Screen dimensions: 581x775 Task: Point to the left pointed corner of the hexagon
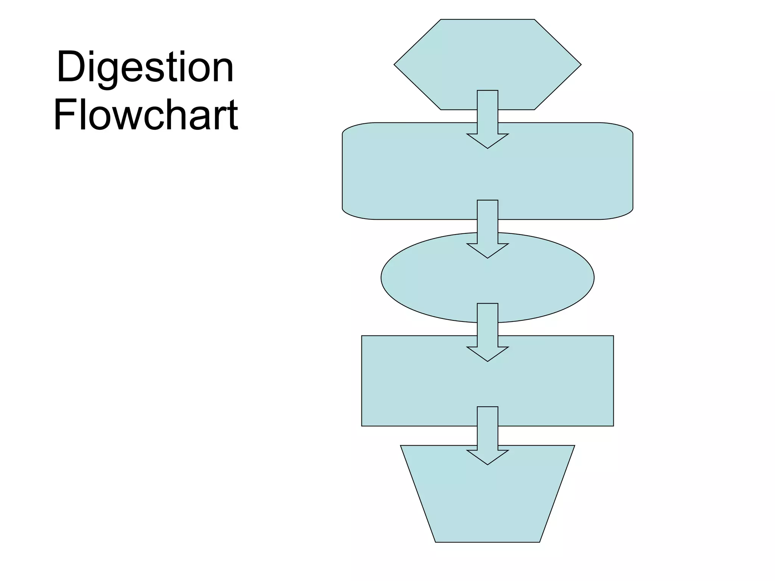coord(395,65)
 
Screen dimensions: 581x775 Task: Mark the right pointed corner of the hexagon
coord(580,65)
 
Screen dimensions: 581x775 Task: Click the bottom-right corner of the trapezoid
coord(539,542)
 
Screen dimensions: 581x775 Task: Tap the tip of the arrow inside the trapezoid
coord(487,464)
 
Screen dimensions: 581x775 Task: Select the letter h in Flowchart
coord(177,114)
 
